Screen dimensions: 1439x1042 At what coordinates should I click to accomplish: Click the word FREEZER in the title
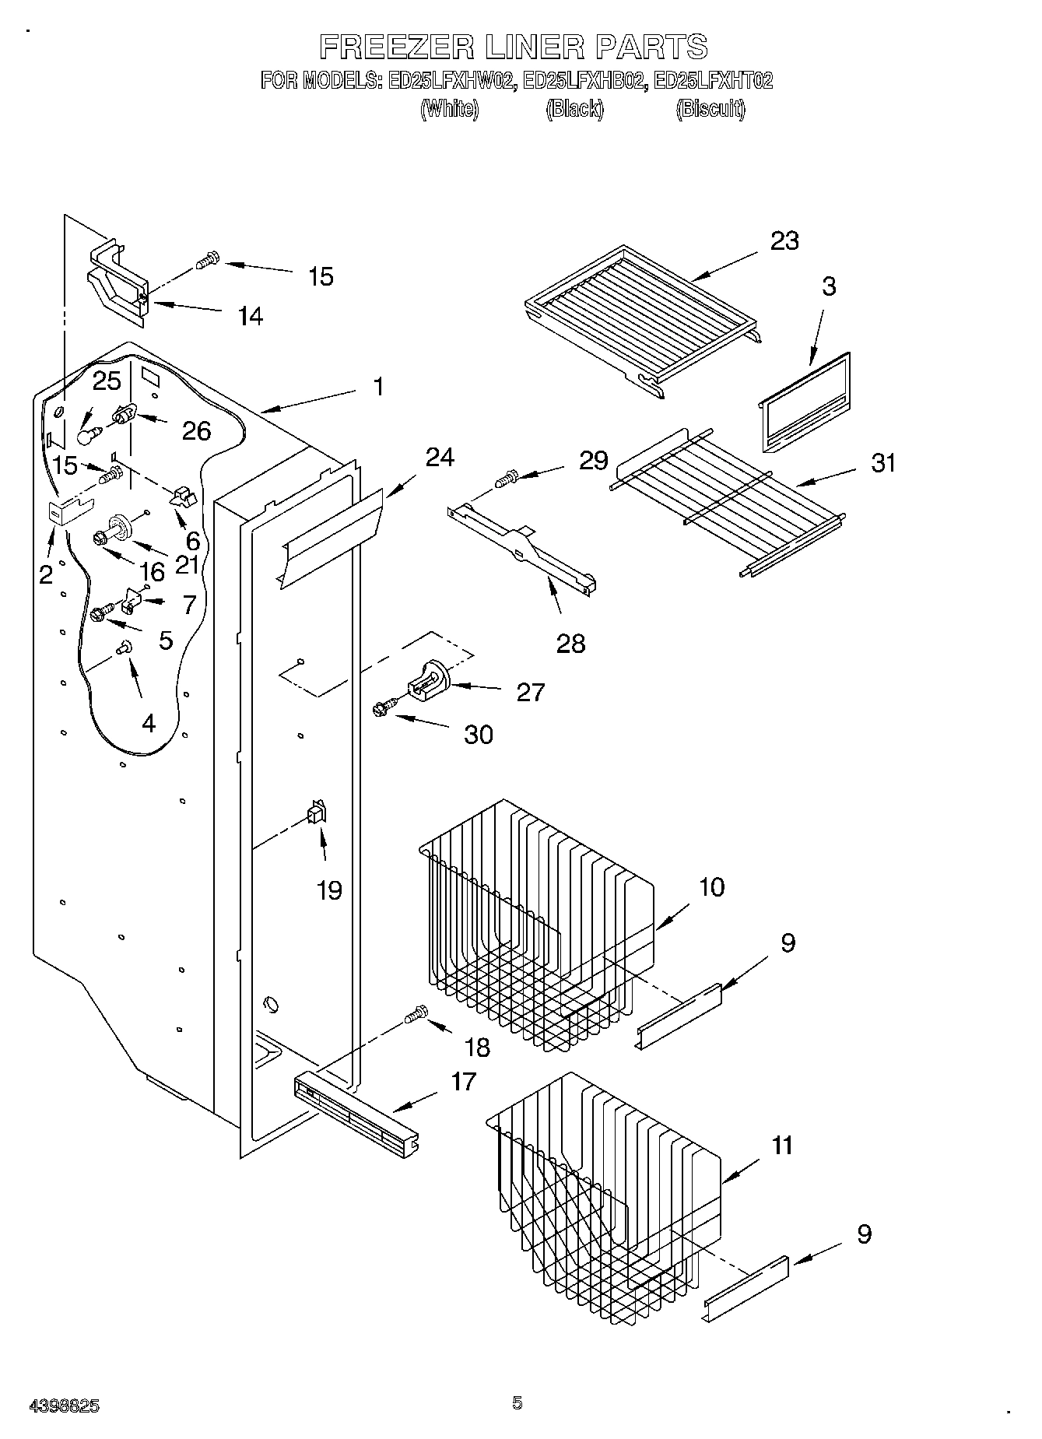[396, 47]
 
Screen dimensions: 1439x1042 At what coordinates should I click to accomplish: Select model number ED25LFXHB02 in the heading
[584, 81]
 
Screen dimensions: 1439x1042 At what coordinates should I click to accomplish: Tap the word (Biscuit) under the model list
[710, 109]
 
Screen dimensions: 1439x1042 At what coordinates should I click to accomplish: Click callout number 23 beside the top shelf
[784, 241]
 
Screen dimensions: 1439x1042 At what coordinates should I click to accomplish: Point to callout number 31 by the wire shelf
[883, 463]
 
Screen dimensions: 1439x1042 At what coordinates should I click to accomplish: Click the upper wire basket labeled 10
[537, 918]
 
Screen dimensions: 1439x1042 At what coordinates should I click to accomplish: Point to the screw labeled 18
[416, 1015]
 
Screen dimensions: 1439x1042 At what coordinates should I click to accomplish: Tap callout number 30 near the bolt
[478, 734]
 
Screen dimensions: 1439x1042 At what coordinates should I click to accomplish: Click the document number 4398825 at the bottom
[64, 1406]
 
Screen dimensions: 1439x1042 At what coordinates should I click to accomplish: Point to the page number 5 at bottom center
[517, 1403]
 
